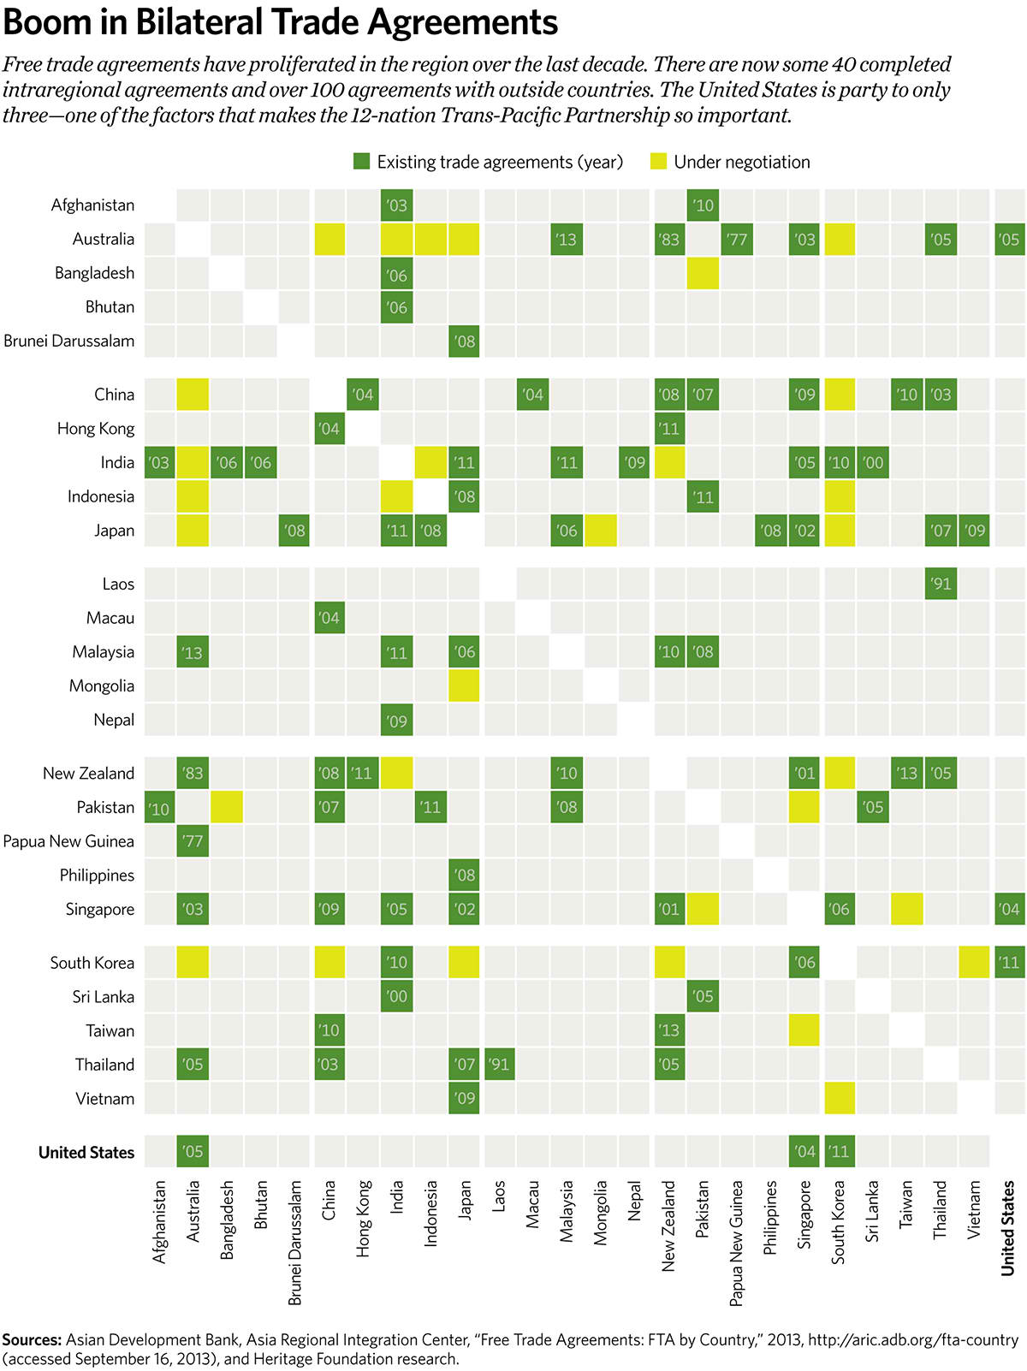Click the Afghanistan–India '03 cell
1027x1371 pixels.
[397, 205]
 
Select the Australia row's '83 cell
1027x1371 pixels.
[669, 240]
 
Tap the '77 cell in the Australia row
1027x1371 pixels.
[737, 240]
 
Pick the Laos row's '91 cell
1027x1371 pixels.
[941, 584]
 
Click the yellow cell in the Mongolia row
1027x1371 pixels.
[465, 686]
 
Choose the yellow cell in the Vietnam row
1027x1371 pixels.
[839, 1098]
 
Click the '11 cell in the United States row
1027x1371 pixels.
[839, 1152]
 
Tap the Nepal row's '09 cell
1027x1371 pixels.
[397, 721]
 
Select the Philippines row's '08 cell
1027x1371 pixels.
[465, 875]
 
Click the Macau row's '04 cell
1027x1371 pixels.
[329, 618]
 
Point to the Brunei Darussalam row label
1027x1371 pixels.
[69, 341]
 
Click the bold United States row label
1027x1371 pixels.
[86, 1153]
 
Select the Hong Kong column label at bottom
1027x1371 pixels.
[363, 1219]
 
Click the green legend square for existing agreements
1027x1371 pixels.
[362, 162]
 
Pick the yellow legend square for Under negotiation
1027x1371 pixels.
[658, 162]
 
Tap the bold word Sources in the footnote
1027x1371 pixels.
[31, 1340]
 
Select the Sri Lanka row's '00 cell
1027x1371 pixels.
[397, 996]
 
